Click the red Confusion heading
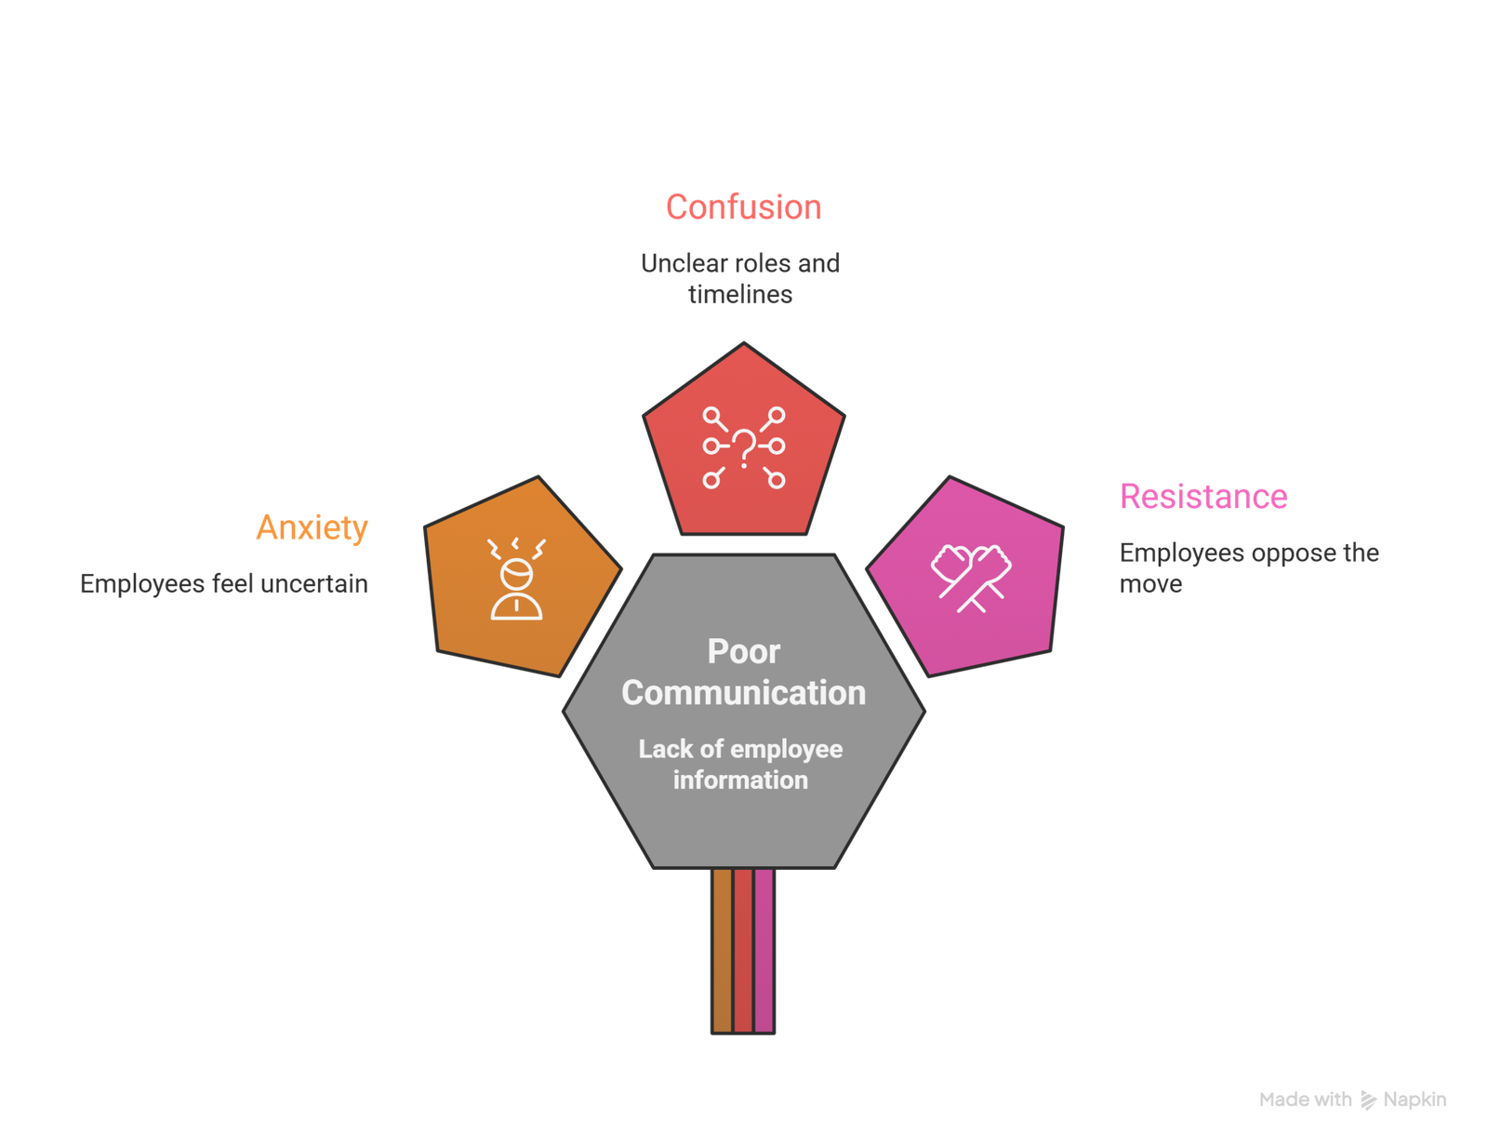point(743,207)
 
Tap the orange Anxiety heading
point(312,527)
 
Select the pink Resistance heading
point(1203,497)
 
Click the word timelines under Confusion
point(740,295)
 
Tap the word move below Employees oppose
point(1150,584)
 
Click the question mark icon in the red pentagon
point(743,447)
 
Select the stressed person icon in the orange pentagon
point(516,579)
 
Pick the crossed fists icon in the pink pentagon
point(971,577)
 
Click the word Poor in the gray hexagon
point(743,651)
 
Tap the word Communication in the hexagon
point(743,693)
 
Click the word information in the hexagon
point(740,780)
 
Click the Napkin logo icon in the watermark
point(1367,1100)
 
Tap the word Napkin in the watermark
point(1414,1100)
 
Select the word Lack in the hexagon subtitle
point(665,750)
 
